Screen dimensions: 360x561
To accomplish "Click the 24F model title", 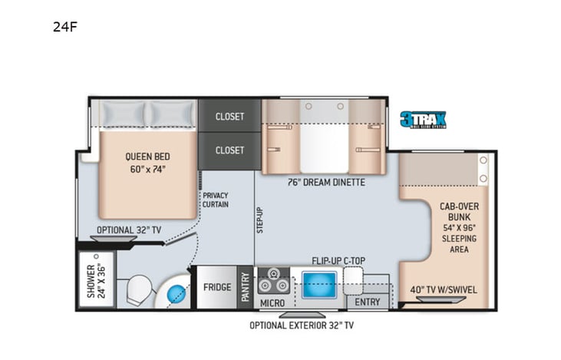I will pos(64,27).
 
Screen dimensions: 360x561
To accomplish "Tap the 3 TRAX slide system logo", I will pos(422,119).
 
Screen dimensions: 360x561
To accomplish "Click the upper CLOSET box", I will pos(229,117).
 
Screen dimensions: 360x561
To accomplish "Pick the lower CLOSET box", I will pos(229,150).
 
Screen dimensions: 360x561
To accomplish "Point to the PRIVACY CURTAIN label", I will pos(216,200).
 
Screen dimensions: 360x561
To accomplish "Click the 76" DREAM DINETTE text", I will pos(326,182).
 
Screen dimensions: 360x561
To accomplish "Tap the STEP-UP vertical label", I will pos(260,220).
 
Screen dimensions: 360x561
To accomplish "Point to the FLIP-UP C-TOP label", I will pos(338,260).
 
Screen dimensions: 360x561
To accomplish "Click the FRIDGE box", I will pos(217,288).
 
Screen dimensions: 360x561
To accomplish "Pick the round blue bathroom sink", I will pos(178,292).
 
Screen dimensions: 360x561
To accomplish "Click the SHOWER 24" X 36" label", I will pos(96,282).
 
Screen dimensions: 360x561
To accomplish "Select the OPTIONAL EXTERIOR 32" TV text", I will pos(302,325).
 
